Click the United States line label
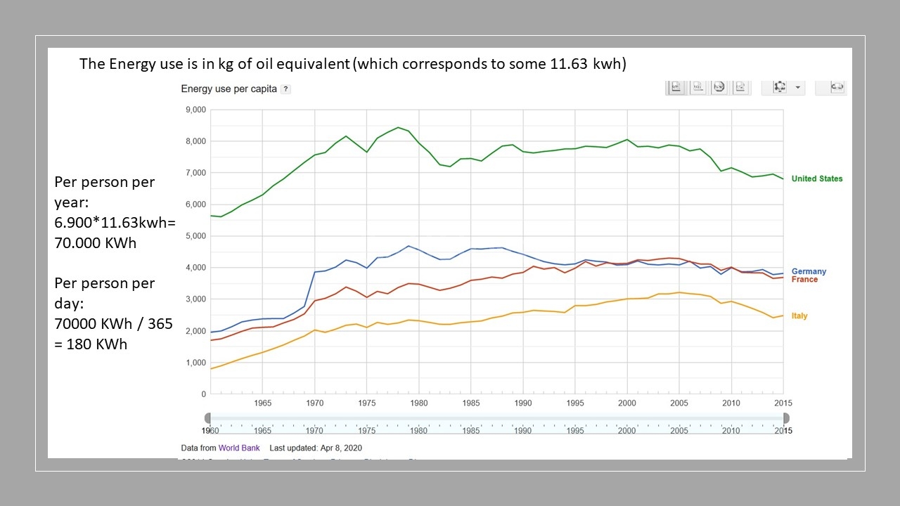coord(816,179)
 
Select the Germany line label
coord(809,271)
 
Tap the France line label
coord(804,280)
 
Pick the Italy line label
coord(799,316)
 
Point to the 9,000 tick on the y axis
coord(194,110)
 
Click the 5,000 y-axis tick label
coord(194,236)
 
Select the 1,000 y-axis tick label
coord(194,363)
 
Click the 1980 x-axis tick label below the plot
coord(418,403)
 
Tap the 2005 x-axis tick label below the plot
coord(679,403)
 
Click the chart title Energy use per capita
coord(229,89)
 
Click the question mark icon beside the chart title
coord(285,89)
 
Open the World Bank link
coord(239,448)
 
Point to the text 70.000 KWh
coord(96,243)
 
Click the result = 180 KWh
coord(91,344)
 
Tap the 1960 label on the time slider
coord(210,430)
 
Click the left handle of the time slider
coord(207,418)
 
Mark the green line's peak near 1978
coord(398,127)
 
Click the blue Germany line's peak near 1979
coord(409,246)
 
